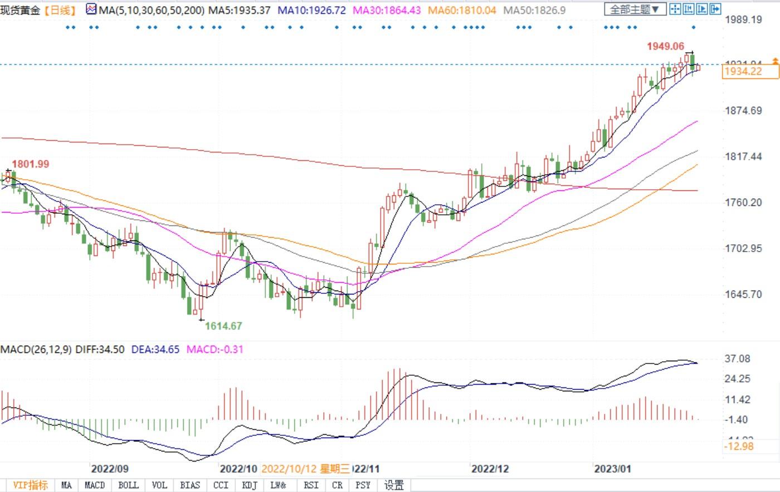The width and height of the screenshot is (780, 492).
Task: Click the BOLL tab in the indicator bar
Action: click(128, 485)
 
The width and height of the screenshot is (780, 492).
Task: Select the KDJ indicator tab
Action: click(250, 485)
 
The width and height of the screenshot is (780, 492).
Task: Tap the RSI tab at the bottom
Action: click(311, 485)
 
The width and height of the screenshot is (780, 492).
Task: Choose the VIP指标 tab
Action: click(30, 485)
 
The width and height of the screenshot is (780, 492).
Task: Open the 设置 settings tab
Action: click(394, 485)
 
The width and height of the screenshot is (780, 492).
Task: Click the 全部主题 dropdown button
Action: click(635, 9)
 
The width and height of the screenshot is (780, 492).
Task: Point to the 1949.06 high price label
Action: click(665, 47)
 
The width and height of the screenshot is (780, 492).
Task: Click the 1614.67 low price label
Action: click(223, 326)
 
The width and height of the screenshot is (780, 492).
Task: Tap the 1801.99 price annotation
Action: click(31, 164)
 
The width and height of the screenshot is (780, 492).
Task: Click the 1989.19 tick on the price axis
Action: click(743, 20)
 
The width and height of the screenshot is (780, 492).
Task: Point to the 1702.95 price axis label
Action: click(743, 248)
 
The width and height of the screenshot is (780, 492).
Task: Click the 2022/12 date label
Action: click(490, 469)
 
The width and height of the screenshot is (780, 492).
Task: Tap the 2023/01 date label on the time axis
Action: click(612, 469)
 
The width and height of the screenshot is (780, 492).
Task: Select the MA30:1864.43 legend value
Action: click(386, 10)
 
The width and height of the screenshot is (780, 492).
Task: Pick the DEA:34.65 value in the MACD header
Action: click(155, 350)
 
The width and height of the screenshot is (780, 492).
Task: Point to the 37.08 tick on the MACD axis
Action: click(738, 359)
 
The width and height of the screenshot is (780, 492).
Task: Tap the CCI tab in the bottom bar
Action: click(221, 485)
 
